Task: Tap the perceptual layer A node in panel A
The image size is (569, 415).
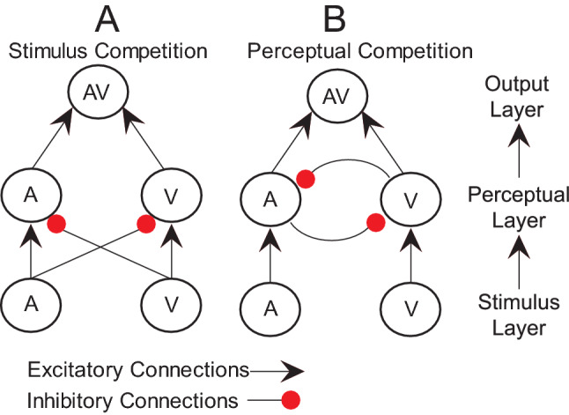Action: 30,195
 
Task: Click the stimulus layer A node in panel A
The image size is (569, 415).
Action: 30,305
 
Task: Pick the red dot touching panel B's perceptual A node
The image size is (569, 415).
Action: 307,180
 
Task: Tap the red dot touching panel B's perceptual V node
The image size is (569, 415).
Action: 375,223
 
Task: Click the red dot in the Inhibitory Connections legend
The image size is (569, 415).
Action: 291,400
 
